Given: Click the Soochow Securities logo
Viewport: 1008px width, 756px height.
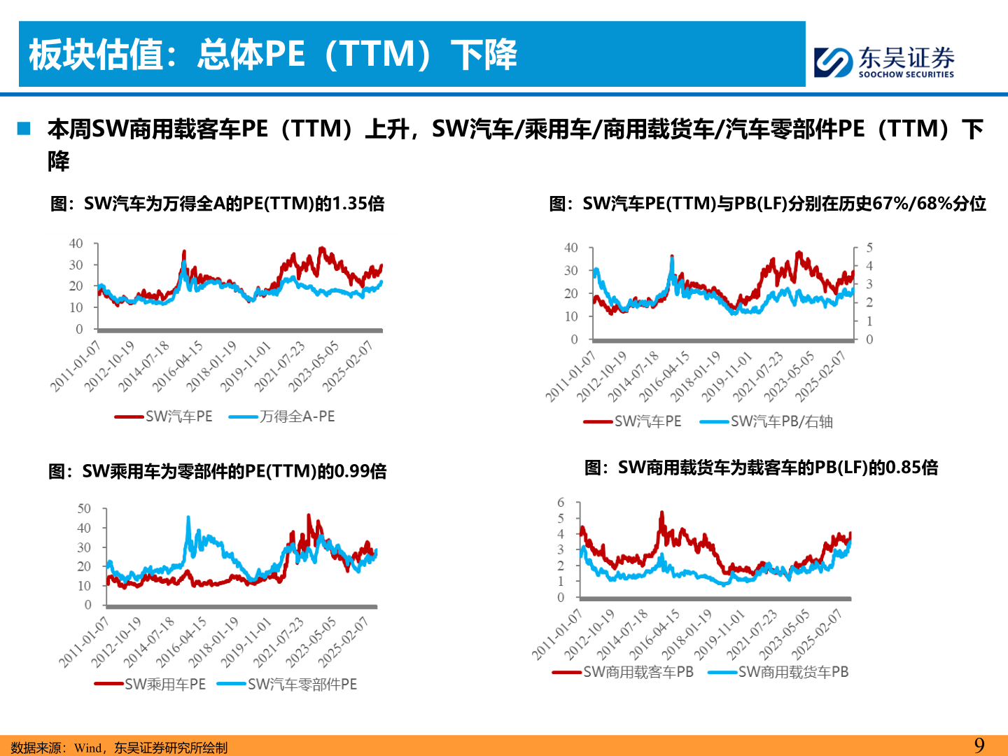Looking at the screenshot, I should click(883, 62).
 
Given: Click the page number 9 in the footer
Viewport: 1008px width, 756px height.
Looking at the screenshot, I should click(979, 745).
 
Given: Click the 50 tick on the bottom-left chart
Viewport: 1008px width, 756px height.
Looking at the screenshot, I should click(84, 509).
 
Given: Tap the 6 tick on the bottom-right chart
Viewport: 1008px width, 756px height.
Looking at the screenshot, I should click(561, 503).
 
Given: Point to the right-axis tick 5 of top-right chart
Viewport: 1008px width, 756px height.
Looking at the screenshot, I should click(869, 248).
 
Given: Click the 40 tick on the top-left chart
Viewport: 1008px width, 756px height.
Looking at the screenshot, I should click(76, 244).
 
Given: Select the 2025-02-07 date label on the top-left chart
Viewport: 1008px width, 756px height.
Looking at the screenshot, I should click(348, 366).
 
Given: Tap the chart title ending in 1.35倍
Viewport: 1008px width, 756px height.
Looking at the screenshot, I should click(217, 204).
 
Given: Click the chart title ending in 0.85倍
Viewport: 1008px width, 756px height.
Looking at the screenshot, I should click(761, 468).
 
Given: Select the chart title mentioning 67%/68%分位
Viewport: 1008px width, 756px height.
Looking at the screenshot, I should click(767, 204).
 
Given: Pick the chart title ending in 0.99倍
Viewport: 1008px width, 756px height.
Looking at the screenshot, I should click(217, 471).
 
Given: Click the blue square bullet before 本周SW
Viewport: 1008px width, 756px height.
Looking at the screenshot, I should click(24, 128).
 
